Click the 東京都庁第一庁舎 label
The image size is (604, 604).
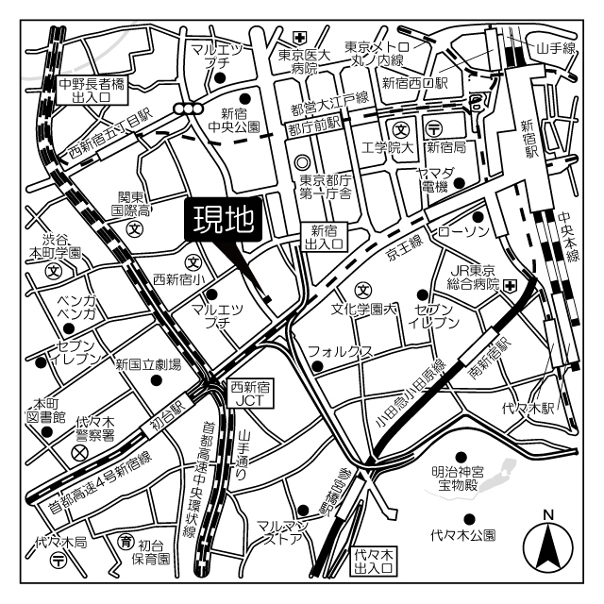[x=326, y=187]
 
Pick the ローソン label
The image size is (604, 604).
[x=461, y=230]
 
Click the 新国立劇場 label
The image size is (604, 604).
[x=148, y=363]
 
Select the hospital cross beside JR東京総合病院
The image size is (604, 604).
[x=511, y=286]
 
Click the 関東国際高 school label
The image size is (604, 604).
[x=134, y=204]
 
